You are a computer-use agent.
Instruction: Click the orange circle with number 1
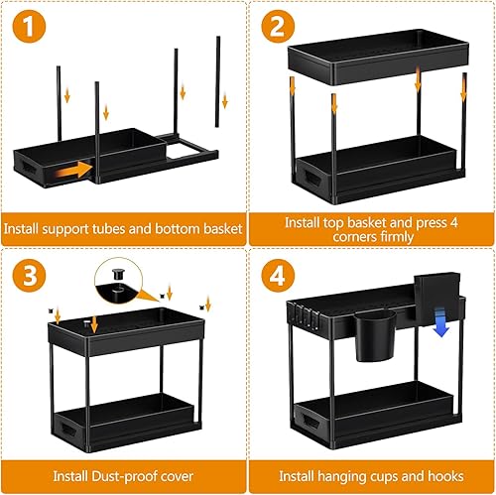(x=29, y=27)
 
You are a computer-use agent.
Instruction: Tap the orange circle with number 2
(x=278, y=27)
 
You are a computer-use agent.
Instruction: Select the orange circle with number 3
(x=29, y=275)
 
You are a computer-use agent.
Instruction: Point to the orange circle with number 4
(x=278, y=275)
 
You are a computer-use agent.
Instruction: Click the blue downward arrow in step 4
(x=440, y=321)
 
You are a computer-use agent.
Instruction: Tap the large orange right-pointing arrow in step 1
(x=74, y=170)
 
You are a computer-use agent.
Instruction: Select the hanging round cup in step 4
(x=375, y=335)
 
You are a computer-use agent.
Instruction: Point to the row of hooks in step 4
(x=302, y=315)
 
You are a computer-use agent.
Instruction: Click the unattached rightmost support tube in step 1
(x=217, y=81)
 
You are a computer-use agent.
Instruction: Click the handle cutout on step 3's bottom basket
(x=65, y=429)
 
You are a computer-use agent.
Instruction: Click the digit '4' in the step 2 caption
(x=453, y=223)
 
